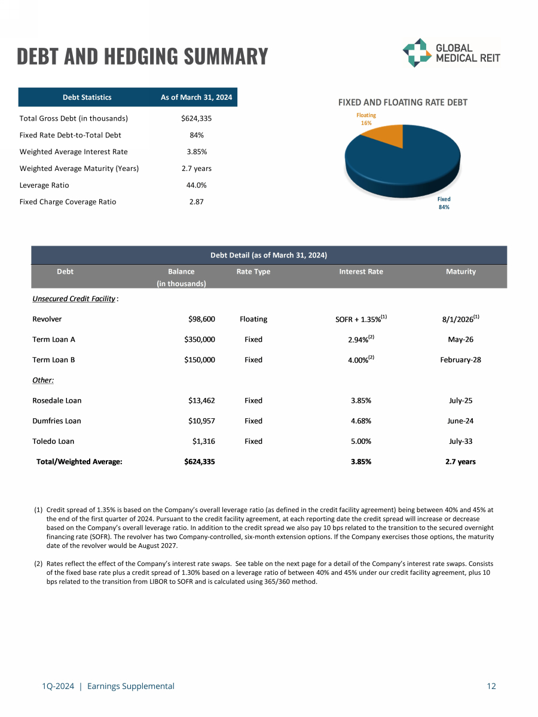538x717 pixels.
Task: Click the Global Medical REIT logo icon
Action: coord(416,53)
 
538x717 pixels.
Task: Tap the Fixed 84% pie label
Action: coord(444,203)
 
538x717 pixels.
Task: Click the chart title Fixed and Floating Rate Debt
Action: coord(403,103)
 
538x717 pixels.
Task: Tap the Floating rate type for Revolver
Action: coord(253,319)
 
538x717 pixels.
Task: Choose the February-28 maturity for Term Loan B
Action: coord(461,360)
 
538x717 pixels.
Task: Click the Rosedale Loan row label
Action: coord(57,400)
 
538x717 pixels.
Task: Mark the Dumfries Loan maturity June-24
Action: coord(461,421)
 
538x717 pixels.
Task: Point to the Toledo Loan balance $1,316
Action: coord(203,441)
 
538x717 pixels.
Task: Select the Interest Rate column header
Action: coord(361,271)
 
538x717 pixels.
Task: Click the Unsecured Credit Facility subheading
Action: coord(74,298)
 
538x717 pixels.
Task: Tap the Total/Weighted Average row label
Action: coord(80,461)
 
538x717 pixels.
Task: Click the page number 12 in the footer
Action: coord(491,686)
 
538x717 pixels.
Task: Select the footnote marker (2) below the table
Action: coord(38,563)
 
